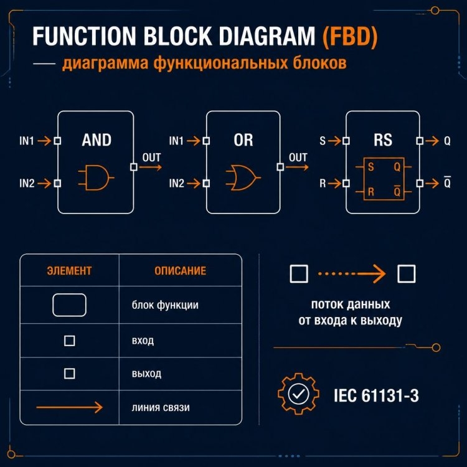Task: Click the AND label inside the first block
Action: (97, 140)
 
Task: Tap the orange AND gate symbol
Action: (96, 177)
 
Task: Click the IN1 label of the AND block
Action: (27, 141)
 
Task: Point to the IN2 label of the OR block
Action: (177, 183)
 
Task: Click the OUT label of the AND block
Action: (151, 158)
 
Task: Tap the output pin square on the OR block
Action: (280, 167)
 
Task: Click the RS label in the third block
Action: (383, 140)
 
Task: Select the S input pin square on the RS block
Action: (346, 141)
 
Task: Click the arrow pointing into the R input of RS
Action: (335, 183)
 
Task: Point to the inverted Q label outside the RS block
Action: (447, 182)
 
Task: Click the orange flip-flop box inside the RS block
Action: (384, 179)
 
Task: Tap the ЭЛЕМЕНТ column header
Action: (69, 271)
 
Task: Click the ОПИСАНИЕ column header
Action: (180, 271)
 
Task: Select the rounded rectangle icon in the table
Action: (69, 305)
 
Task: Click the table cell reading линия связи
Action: (161, 407)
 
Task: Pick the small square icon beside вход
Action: (69, 341)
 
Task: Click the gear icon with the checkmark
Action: (298, 394)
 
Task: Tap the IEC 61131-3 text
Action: (376, 395)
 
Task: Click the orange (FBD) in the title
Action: (350, 36)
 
